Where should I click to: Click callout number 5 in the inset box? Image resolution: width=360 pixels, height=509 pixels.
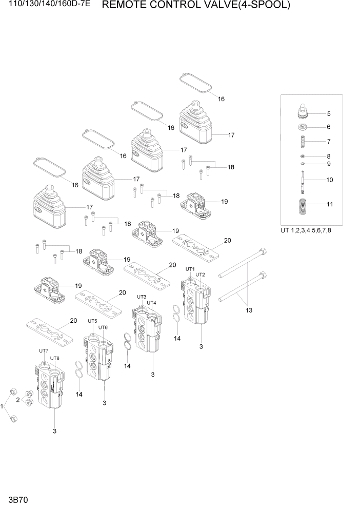329,114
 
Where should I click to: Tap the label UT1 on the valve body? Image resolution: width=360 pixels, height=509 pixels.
190,269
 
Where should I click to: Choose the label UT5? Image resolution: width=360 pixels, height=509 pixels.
92,321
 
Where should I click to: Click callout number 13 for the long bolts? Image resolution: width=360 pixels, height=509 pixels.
249,310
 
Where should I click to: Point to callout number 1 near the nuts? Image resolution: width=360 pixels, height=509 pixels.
3,406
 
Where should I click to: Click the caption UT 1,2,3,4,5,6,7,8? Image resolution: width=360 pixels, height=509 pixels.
306,230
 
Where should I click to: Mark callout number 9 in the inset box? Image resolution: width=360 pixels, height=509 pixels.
329,164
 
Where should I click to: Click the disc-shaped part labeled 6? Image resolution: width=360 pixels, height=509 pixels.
304,127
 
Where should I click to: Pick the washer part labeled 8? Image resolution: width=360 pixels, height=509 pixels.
304,156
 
